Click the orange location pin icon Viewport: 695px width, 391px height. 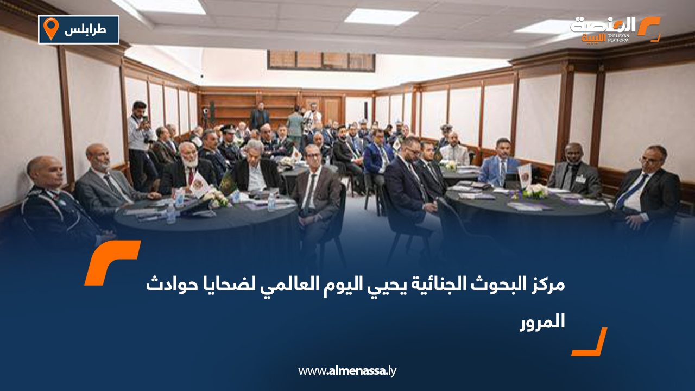click(50, 29)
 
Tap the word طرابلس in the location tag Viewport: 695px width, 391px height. click(85, 30)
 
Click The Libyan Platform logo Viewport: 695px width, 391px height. click(615, 29)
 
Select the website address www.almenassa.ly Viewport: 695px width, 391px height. click(347, 371)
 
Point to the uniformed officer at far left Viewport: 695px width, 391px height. click(52, 201)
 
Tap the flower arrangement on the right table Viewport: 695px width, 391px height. click(535, 191)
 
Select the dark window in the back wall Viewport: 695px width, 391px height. click(321, 60)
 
